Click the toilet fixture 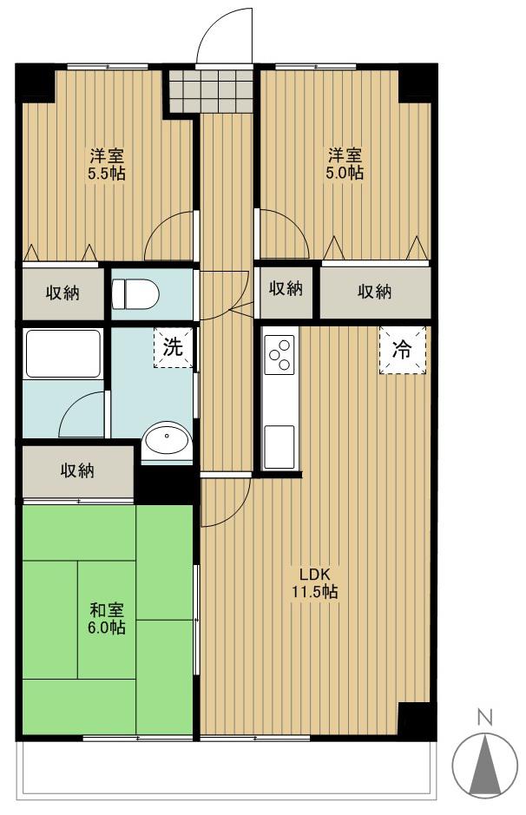point(135,293)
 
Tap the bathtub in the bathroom point(62,353)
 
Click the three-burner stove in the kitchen point(279,354)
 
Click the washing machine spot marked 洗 point(173,347)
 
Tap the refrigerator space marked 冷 point(403,350)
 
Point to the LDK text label point(314,575)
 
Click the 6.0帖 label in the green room point(107,627)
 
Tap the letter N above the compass point(485,719)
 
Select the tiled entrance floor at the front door point(211,90)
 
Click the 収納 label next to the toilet point(62,293)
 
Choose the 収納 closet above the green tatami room point(78,471)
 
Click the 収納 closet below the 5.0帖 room point(375,292)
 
